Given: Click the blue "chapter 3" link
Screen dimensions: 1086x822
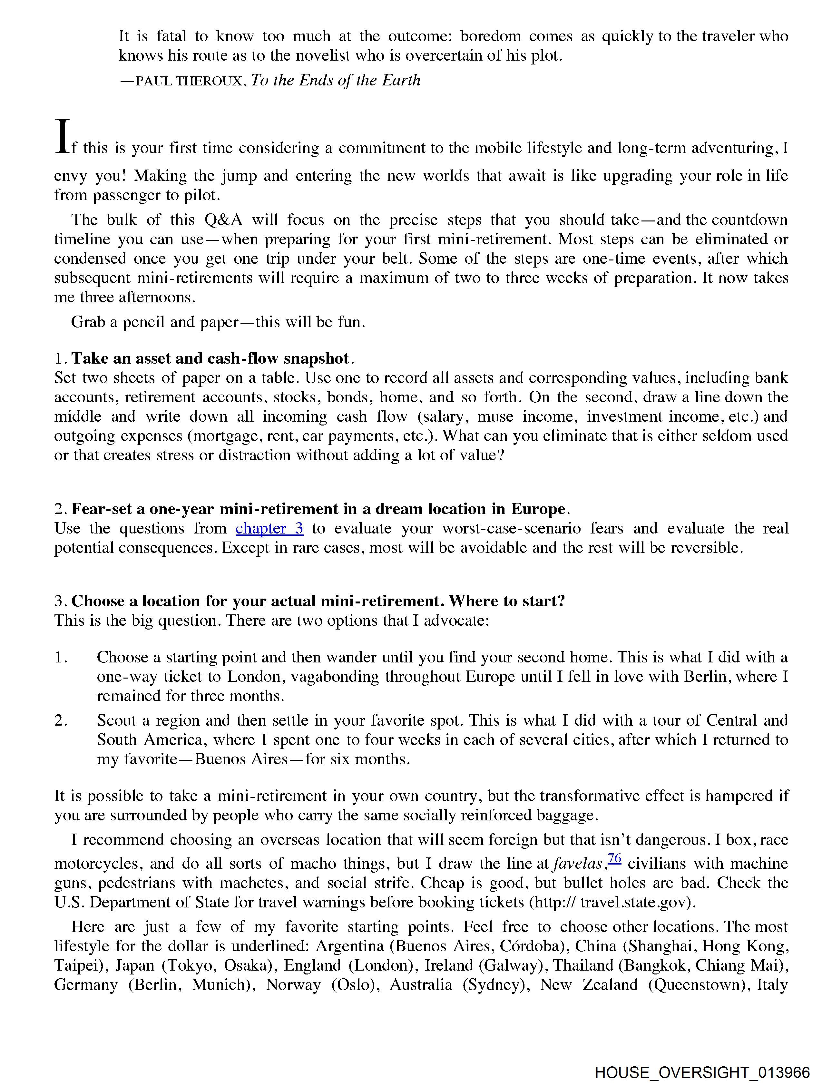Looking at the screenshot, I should (269, 528).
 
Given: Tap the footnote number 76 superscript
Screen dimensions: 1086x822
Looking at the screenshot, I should (614, 858).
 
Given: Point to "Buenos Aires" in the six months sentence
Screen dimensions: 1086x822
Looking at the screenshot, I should (241, 759).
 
